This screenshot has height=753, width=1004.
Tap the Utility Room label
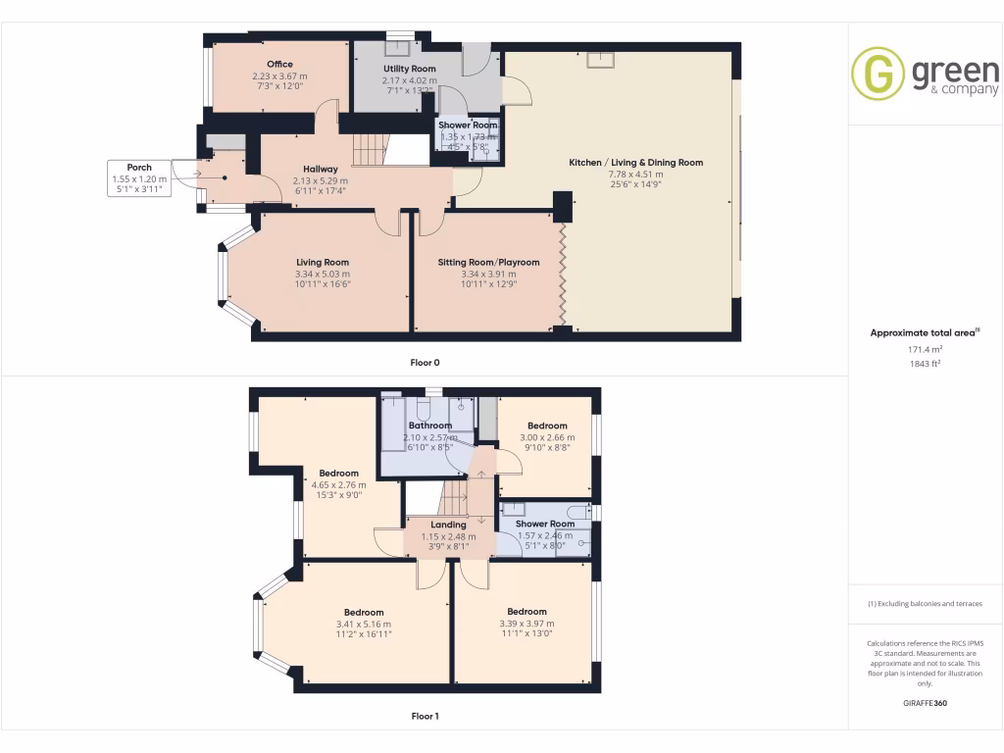402,69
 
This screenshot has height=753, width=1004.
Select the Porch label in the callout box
139,168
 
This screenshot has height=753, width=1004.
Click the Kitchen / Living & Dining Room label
636,163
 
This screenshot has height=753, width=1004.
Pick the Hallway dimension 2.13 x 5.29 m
321,180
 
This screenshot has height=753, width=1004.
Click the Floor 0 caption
425,362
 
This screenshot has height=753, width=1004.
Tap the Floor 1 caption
425,716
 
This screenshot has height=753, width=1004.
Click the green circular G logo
878,74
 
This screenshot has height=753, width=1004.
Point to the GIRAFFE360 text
926,703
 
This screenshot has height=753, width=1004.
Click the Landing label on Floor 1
448,525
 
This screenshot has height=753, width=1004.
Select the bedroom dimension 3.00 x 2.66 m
547,437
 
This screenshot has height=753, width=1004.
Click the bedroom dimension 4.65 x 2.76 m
337,484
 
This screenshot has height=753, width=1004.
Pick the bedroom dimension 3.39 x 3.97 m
527,623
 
